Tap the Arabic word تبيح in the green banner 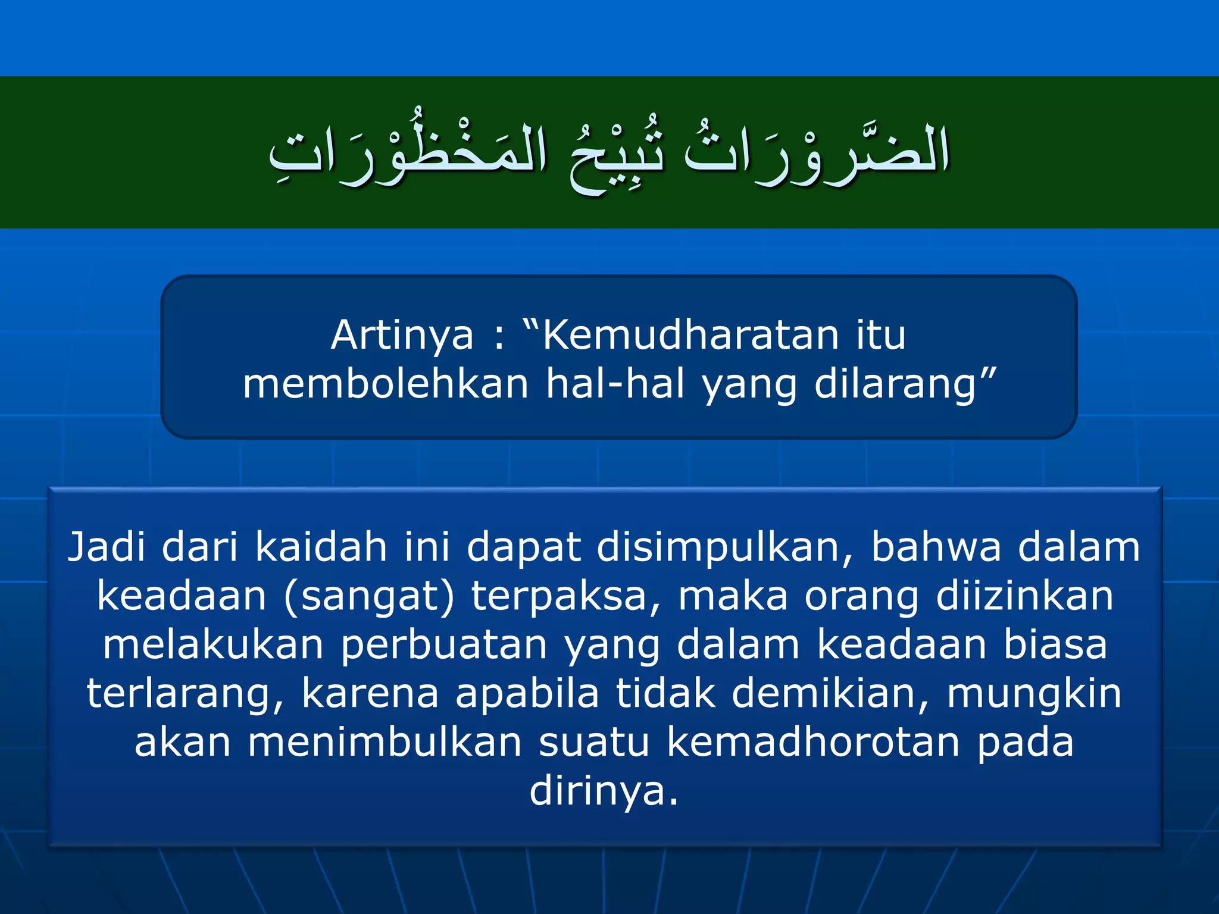click(x=616, y=156)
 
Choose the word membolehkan click(x=386, y=384)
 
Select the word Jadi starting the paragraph click(x=106, y=547)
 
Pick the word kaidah click(x=321, y=547)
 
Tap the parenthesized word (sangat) click(x=369, y=597)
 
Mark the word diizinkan click(x=1024, y=596)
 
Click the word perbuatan click(x=444, y=646)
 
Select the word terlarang click(x=185, y=694)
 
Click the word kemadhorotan click(x=813, y=742)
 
